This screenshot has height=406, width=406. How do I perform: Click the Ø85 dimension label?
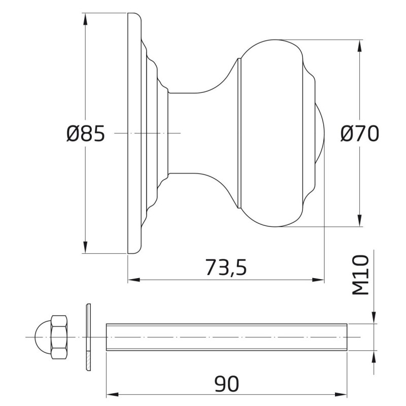point(85,133)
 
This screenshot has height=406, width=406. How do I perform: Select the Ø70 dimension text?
point(360,133)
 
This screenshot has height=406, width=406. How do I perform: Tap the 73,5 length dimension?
point(226,267)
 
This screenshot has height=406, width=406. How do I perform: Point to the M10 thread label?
point(360,275)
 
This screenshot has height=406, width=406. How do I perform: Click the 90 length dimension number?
point(227,384)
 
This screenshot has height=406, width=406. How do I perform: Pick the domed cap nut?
point(51,337)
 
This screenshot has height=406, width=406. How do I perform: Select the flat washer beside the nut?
point(88,337)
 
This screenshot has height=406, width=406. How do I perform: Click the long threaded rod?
point(226,337)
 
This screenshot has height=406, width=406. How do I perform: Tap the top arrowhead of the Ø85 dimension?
point(85,19)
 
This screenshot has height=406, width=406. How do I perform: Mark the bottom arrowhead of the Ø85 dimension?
point(85,247)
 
